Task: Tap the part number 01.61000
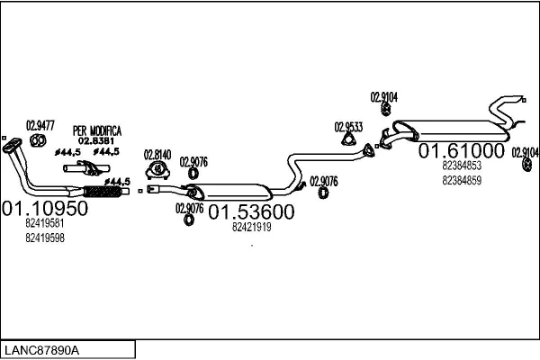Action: click(x=461, y=149)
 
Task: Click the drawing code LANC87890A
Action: click(x=42, y=349)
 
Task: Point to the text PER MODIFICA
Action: click(x=96, y=130)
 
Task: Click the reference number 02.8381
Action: click(x=95, y=140)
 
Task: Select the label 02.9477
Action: click(x=39, y=125)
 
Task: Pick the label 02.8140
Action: click(x=157, y=154)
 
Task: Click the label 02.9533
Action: click(x=348, y=126)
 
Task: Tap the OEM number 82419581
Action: click(x=44, y=223)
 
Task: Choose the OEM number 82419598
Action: click(x=44, y=238)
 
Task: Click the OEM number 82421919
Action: click(x=251, y=227)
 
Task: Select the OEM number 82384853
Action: click(x=461, y=166)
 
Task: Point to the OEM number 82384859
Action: click(x=461, y=180)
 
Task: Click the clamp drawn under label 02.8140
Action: click(x=158, y=170)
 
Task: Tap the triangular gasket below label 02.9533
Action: click(x=348, y=139)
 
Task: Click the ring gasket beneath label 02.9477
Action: click(x=39, y=140)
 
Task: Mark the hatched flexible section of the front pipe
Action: click(x=101, y=190)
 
